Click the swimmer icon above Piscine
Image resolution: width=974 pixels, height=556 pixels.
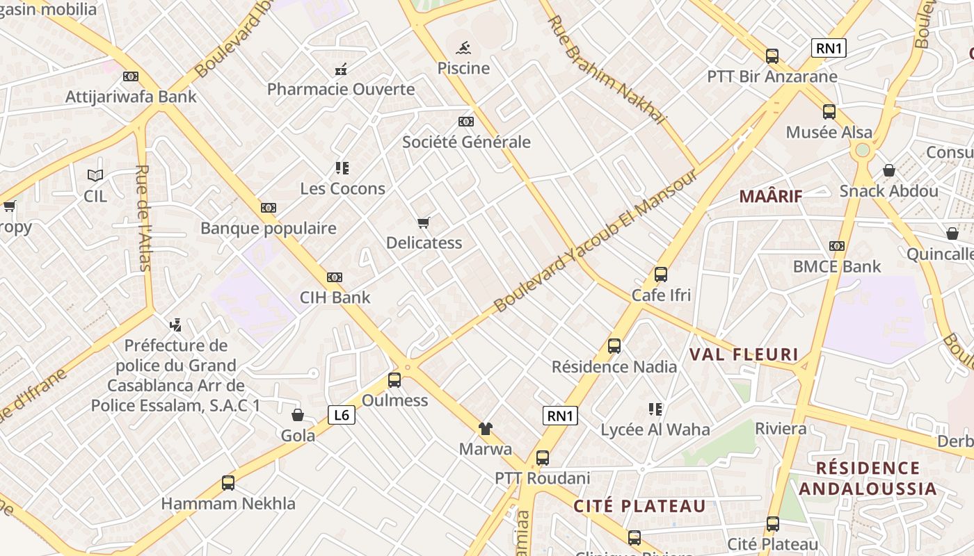(x=463, y=48)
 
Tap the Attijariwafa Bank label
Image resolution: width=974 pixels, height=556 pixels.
(x=131, y=97)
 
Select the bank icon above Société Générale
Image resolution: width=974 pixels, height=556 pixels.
(x=466, y=122)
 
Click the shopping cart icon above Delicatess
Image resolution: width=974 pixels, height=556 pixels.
(x=423, y=222)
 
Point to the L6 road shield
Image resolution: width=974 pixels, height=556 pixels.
(x=342, y=416)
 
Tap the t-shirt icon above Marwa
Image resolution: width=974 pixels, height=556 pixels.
(x=485, y=429)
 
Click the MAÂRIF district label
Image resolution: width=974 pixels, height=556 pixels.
(x=771, y=196)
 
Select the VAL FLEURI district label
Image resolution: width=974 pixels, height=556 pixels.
(x=744, y=354)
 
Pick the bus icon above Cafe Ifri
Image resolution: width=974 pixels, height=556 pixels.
(x=660, y=275)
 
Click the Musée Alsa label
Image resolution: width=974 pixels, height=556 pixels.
(x=829, y=132)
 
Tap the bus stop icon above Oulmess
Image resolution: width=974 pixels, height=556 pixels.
(x=394, y=380)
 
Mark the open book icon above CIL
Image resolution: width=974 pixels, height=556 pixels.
(x=95, y=176)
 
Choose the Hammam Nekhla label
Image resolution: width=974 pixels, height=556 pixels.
(x=228, y=503)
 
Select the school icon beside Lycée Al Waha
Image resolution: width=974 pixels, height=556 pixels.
(x=655, y=409)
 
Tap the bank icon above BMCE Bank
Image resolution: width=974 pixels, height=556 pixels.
(x=837, y=246)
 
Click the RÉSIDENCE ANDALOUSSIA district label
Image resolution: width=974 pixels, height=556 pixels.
(x=868, y=478)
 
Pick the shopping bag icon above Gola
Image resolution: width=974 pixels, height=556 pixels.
(x=298, y=416)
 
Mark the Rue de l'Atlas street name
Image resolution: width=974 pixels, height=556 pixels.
(x=143, y=218)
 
